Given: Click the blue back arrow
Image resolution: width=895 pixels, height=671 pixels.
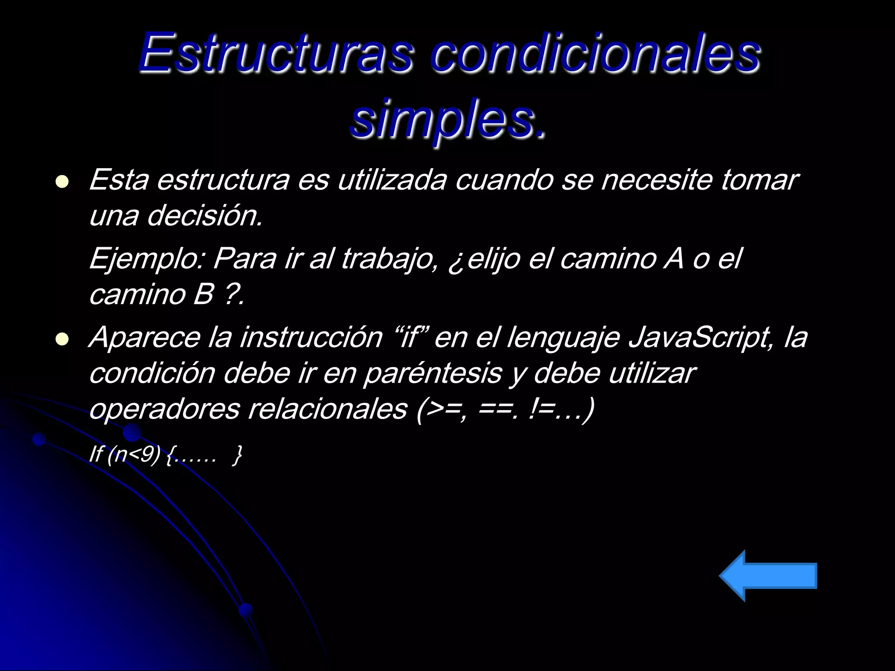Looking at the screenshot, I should (x=768, y=576).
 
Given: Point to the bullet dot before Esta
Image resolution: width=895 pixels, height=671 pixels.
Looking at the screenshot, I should (x=62, y=182).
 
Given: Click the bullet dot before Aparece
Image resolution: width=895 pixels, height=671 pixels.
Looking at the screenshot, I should (x=62, y=339).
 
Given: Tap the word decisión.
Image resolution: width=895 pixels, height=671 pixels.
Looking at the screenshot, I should (x=205, y=215).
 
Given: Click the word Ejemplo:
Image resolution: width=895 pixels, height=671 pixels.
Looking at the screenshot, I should (x=147, y=259).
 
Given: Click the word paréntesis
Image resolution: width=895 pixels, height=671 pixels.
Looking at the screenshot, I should (x=432, y=373).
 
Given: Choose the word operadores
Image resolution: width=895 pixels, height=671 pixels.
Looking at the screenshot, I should (x=164, y=409).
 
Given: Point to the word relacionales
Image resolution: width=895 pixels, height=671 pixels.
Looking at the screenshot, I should (x=328, y=409).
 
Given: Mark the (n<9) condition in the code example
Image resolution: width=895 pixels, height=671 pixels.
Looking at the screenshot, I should (x=134, y=454).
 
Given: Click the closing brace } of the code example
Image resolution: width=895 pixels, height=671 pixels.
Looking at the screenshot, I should (x=237, y=455).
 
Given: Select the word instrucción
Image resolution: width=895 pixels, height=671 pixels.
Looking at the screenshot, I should (x=311, y=337).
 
